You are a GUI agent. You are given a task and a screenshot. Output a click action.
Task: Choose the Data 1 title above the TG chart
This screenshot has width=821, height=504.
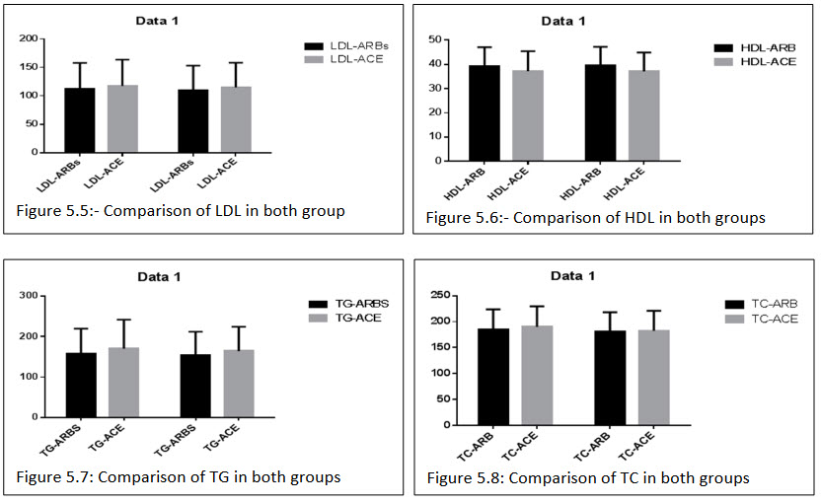(179, 276)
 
